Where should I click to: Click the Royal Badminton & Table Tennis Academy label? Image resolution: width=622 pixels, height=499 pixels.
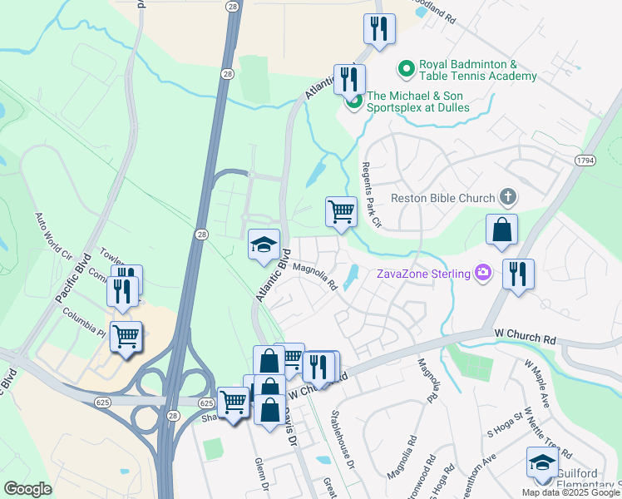(x=477, y=71)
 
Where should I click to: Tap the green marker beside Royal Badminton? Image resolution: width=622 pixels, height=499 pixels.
(x=407, y=67)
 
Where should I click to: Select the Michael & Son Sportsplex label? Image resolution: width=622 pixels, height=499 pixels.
(x=418, y=101)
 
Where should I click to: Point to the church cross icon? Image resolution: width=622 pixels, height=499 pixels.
(x=507, y=197)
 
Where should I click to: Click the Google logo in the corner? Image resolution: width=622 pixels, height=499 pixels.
(x=27, y=488)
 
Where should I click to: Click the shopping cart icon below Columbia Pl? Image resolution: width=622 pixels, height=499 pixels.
(x=126, y=337)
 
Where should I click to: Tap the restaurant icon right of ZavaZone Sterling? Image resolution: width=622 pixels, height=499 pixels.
(x=518, y=274)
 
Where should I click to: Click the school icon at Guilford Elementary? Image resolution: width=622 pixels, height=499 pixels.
(x=542, y=462)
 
